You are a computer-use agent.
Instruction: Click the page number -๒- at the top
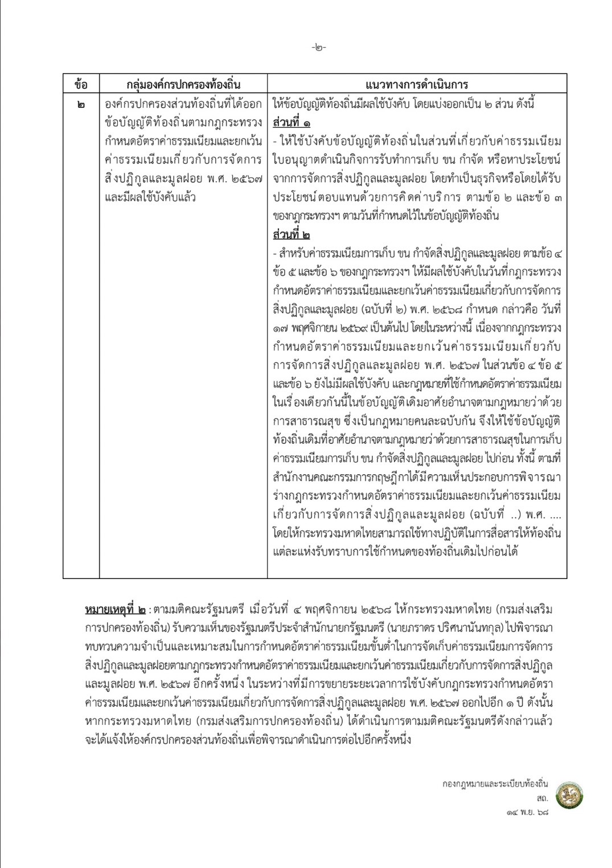(319, 48)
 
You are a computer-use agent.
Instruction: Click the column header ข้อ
(81, 84)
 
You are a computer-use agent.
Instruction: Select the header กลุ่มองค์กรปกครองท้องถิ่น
(183, 84)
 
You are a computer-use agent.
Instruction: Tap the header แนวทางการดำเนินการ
(417, 84)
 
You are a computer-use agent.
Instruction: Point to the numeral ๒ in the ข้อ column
(81, 105)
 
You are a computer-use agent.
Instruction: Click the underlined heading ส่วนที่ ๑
(291, 123)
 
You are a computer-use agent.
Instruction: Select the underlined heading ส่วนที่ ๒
(291, 235)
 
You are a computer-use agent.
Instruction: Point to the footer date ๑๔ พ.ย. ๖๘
(526, 812)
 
